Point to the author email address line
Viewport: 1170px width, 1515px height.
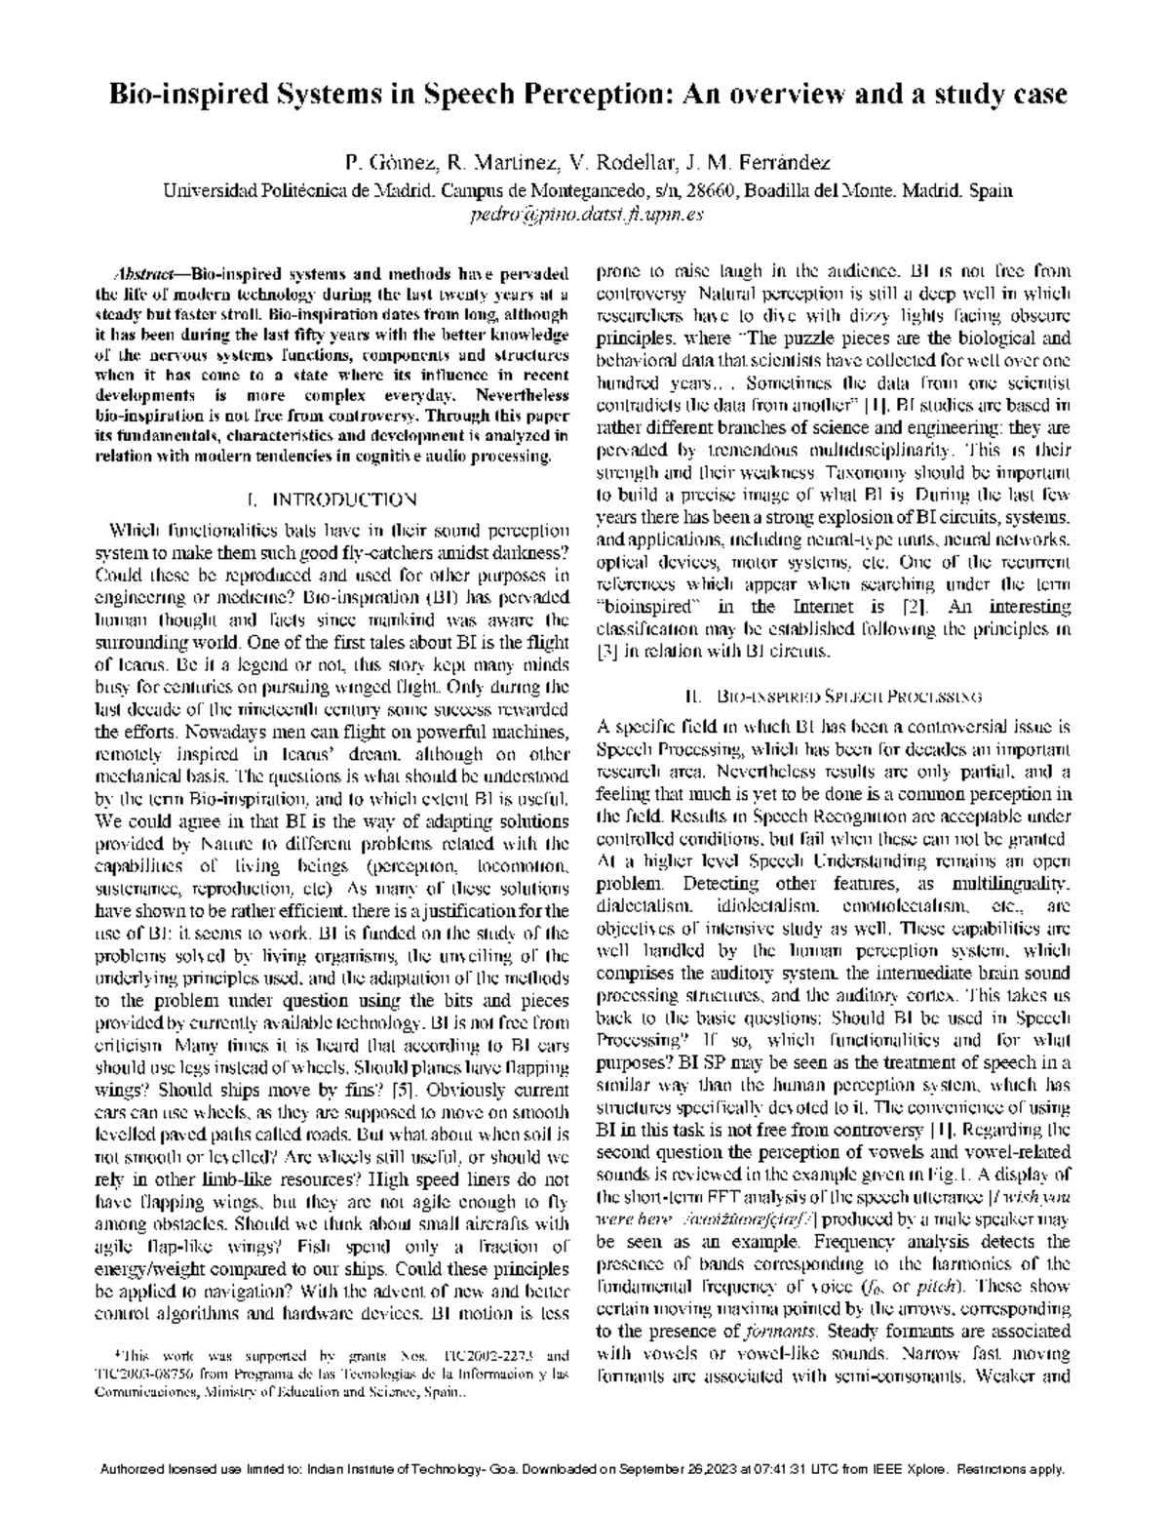pos(585,215)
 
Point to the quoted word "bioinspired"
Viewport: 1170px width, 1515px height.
pos(638,607)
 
